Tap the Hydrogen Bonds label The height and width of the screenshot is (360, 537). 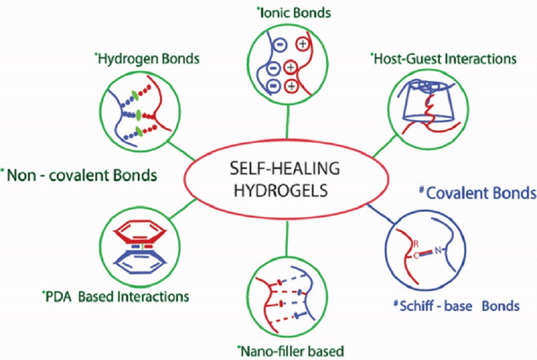[x=148, y=59]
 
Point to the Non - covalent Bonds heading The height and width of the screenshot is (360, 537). [x=80, y=174]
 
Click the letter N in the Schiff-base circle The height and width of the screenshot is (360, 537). [x=438, y=251]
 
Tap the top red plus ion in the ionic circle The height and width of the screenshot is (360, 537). [x=302, y=44]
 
